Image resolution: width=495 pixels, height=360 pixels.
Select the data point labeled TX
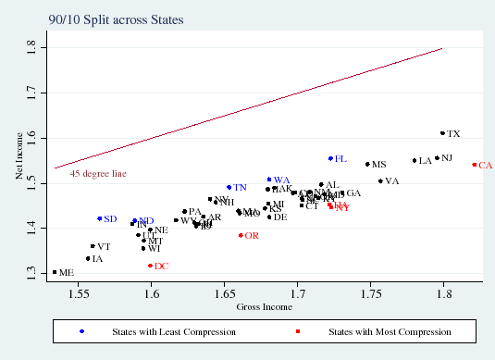tap(442, 133)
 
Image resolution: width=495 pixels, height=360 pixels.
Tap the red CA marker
tap(474, 165)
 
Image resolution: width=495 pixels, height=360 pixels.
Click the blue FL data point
tap(330, 158)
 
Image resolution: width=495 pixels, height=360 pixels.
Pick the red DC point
tap(150, 266)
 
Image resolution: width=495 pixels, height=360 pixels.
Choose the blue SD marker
tap(99, 218)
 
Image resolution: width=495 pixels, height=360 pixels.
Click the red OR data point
tap(241, 235)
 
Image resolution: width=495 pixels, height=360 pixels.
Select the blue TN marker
tap(229, 187)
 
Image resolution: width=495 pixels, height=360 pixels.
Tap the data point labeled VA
tap(380, 181)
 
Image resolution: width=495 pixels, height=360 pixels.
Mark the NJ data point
tap(437, 158)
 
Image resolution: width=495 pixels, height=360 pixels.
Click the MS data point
tap(367, 164)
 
